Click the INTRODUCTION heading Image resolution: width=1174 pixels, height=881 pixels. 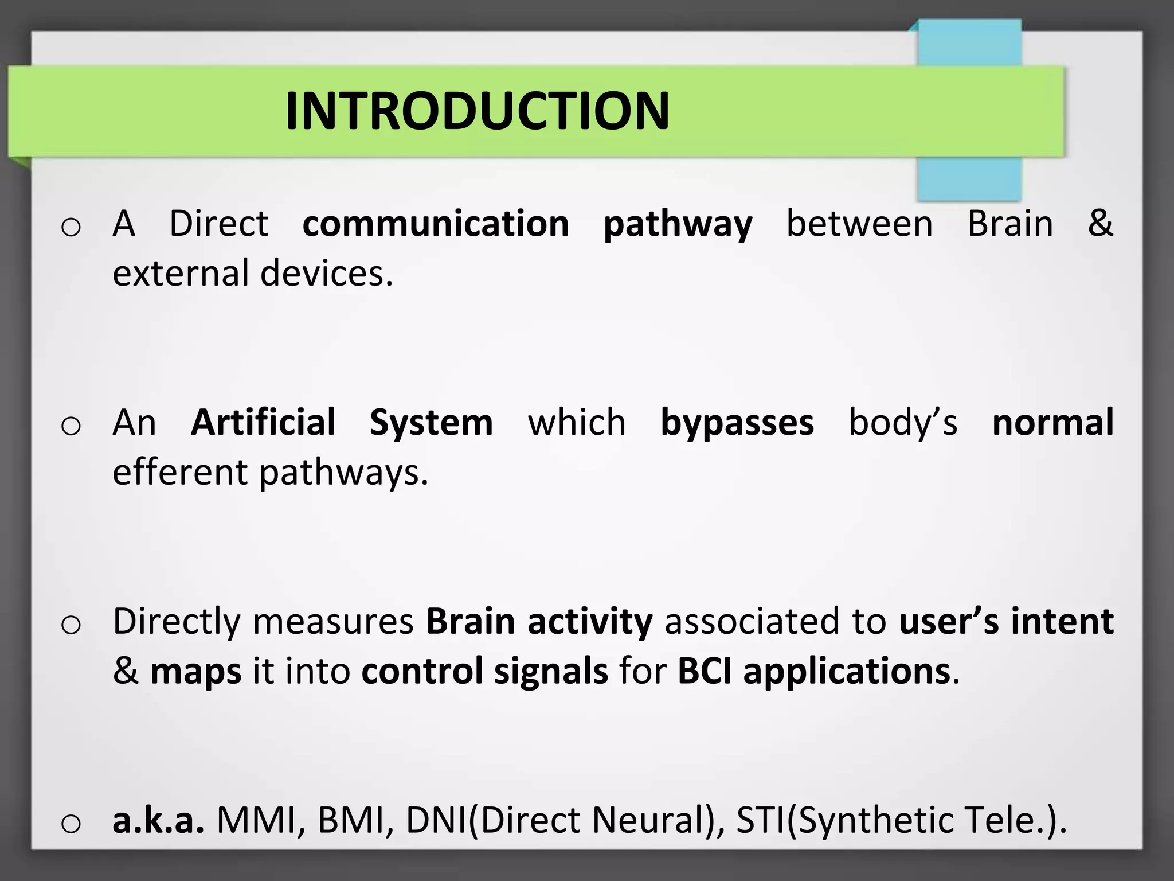477,111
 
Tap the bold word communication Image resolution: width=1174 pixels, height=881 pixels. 436,224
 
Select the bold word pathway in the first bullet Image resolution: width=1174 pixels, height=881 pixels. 678,225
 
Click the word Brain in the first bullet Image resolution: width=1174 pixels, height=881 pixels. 1010,224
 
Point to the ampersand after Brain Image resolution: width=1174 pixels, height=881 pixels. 1100,224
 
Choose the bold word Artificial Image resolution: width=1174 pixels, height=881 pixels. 263,423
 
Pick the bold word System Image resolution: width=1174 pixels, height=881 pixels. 431,424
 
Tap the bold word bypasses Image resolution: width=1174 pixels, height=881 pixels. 737,424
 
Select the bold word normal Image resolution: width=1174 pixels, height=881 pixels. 1053,423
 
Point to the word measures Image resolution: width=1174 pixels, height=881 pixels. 332,622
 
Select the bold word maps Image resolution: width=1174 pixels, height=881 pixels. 195,672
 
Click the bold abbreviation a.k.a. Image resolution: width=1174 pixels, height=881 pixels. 158,820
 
